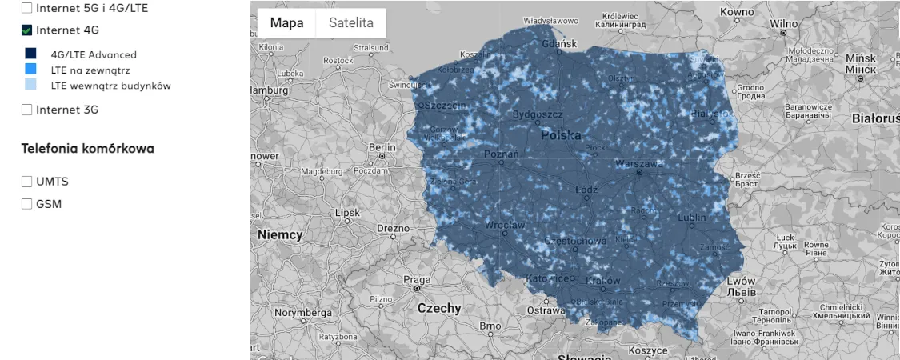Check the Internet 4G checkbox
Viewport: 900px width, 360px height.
[x=27, y=30]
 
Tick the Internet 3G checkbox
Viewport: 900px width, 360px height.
[x=27, y=110]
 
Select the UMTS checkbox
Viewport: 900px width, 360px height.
[x=27, y=182]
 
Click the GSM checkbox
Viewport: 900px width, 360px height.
[x=27, y=204]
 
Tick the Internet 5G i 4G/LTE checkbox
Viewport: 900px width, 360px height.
[x=27, y=8]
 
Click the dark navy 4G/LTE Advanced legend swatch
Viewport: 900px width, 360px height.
[x=30, y=54]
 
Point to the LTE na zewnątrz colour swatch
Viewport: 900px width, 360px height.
[x=30, y=70]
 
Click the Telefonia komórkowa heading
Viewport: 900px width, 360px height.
[x=88, y=149]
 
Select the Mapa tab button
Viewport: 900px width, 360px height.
[x=286, y=23]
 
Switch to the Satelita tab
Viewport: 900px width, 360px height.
[x=351, y=23]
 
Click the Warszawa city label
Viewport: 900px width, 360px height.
[x=639, y=163]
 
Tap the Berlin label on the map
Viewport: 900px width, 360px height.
[x=382, y=147]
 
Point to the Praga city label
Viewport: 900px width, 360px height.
[x=417, y=280]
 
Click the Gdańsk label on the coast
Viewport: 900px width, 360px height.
[x=559, y=44]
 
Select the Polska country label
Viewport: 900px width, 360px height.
[x=561, y=135]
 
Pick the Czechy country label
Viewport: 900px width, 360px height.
[x=439, y=308]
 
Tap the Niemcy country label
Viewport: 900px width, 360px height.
[x=280, y=235]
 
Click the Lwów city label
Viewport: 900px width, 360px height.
[x=741, y=282]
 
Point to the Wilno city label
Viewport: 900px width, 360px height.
[x=784, y=24]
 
